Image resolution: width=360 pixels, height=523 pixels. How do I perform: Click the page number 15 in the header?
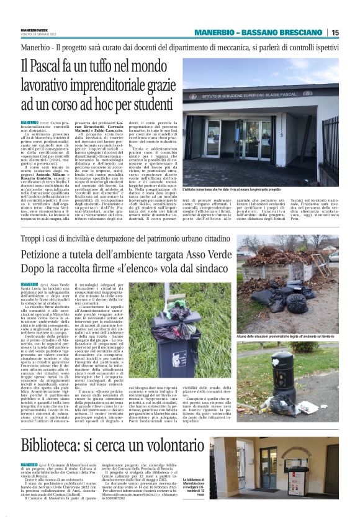(335, 32)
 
